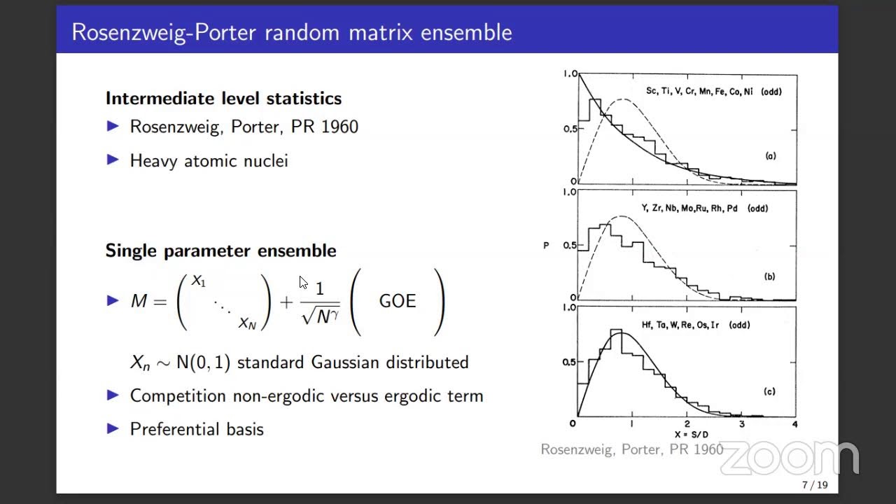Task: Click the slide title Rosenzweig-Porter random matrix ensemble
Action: pyautogui.click(x=291, y=32)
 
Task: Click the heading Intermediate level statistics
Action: pyautogui.click(x=223, y=99)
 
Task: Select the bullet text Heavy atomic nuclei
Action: pyautogui.click(x=209, y=161)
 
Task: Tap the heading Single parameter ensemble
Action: pyautogui.click(x=220, y=251)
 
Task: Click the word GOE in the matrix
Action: pyautogui.click(x=397, y=301)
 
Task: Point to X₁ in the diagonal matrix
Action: pyautogui.click(x=198, y=281)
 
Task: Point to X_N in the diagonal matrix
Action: pyautogui.click(x=247, y=323)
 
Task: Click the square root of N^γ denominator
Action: pyautogui.click(x=320, y=316)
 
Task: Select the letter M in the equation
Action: pyautogui.click(x=139, y=301)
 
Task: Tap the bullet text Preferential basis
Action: pyautogui.click(x=197, y=429)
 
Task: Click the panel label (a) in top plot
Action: pyautogui.click(x=770, y=156)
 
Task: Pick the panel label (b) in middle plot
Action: pyautogui.click(x=769, y=276)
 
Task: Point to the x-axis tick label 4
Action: pyautogui.click(x=794, y=423)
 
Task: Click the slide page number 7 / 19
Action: pyautogui.click(x=814, y=485)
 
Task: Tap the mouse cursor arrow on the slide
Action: pyautogui.click(x=302, y=282)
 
